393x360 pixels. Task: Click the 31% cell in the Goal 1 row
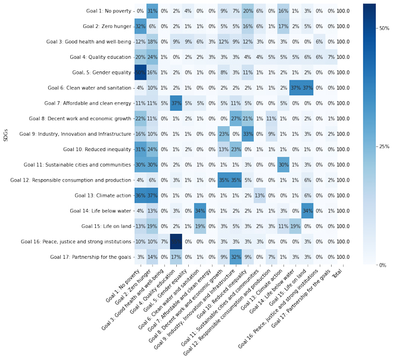tap(152, 11)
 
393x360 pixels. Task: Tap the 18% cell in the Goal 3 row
tap(152, 42)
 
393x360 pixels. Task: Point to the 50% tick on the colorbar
tap(384, 28)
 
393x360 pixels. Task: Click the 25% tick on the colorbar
tap(384, 146)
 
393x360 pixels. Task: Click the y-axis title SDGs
tap(6, 134)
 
